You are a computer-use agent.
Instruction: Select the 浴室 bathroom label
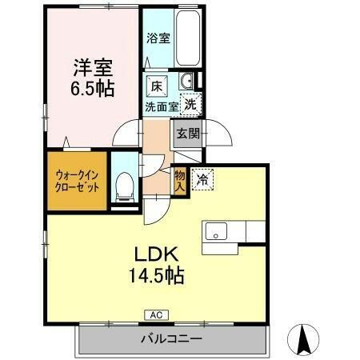158,38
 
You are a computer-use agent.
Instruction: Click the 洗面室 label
162,105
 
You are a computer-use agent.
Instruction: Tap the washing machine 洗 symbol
190,102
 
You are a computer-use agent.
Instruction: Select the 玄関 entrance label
189,134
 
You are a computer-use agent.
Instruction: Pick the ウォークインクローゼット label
78,180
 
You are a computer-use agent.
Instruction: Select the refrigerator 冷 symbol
203,180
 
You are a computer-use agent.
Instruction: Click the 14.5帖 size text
155,277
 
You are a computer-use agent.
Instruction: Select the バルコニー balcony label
172,338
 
